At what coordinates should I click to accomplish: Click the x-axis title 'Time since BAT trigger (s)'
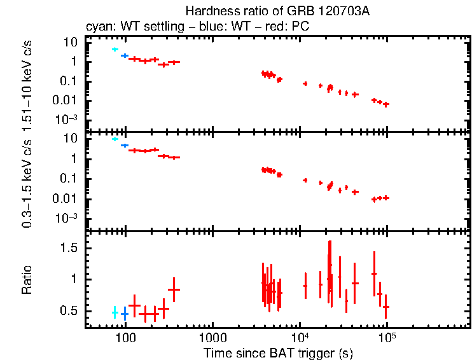pos(278,352)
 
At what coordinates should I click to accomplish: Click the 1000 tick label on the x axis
pos(212,337)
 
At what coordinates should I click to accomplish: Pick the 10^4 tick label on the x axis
pos(299,336)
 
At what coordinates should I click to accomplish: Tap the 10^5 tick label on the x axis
pos(386,336)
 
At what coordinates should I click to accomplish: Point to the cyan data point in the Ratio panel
pos(115,312)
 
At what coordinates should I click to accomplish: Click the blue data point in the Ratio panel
pos(125,314)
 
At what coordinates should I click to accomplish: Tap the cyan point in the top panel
pos(115,49)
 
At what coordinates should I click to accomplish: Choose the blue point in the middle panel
pos(125,146)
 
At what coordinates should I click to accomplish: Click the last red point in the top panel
pos(386,104)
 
